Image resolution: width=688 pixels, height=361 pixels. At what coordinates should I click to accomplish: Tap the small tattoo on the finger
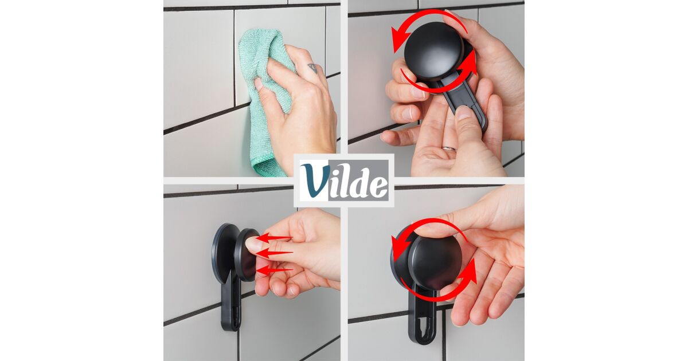pos(312,68)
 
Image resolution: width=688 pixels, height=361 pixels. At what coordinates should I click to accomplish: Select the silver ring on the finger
pos(449,148)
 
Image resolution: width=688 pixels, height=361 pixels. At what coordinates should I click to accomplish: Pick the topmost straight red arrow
pos(274,238)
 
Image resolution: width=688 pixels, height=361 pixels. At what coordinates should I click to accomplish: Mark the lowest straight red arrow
pos(274,270)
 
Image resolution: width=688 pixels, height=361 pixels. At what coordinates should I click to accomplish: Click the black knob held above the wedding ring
pos(433,51)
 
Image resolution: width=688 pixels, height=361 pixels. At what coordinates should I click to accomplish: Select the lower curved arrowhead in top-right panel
pos(470,63)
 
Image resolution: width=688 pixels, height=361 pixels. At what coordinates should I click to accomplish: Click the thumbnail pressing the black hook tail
pos(463,112)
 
